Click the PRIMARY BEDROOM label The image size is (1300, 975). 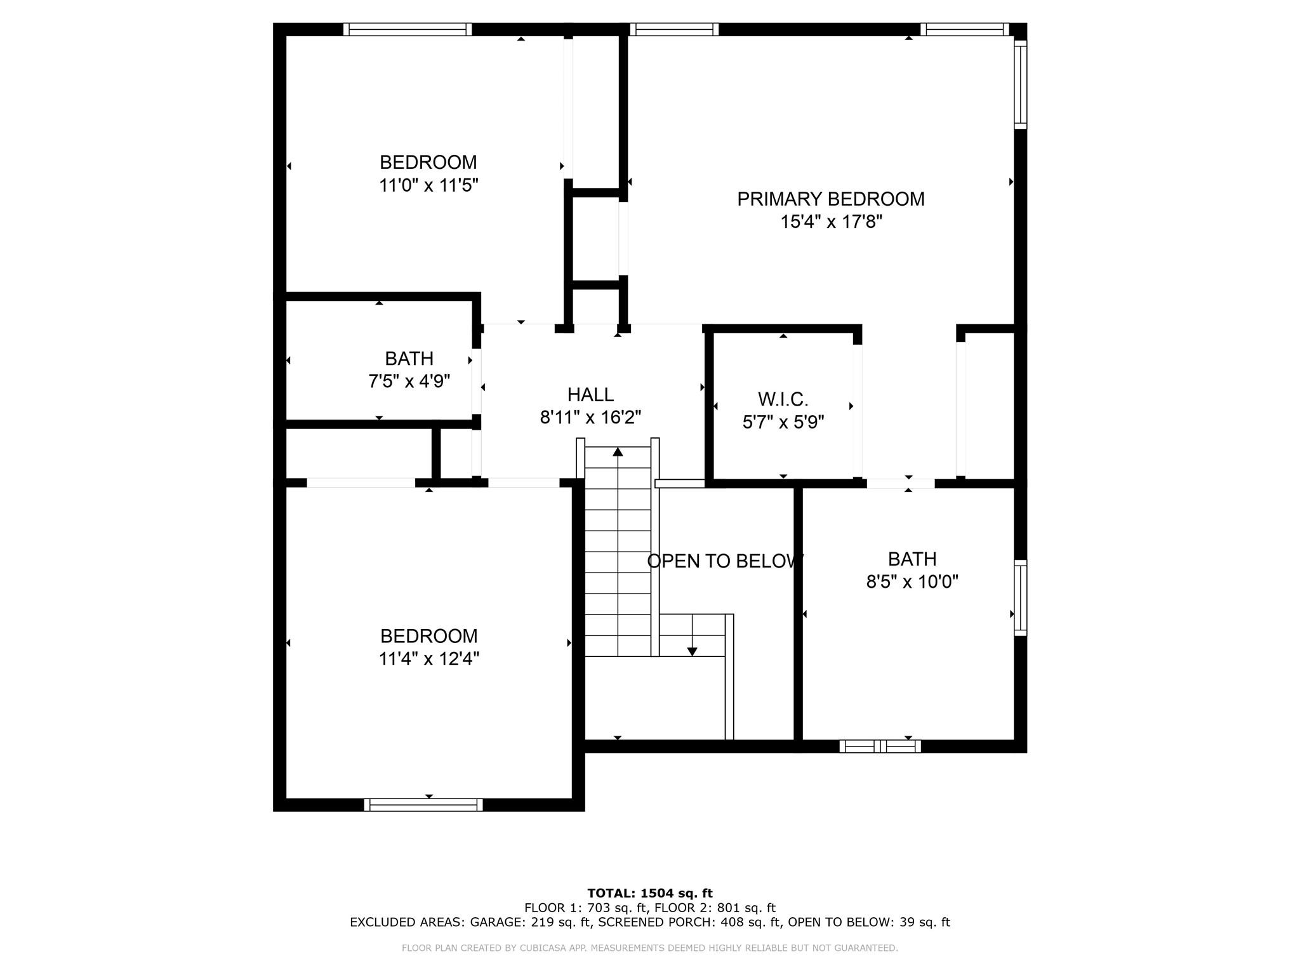point(830,199)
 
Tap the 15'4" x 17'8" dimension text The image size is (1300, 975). point(832,222)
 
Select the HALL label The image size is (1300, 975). point(590,395)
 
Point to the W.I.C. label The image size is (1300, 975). point(783,400)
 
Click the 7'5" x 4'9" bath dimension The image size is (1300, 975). point(409,381)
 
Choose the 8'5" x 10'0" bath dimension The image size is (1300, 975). point(912,582)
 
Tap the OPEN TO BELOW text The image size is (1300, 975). point(725,561)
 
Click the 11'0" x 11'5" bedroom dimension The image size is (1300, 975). point(428,186)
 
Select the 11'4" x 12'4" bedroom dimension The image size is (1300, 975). point(428,660)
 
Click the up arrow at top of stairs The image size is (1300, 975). point(618,452)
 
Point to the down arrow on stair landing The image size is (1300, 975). point(693,651)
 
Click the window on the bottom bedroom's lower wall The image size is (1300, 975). point(423,805)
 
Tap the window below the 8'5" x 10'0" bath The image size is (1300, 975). point(880,746)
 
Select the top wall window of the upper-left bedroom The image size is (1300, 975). point(408,29)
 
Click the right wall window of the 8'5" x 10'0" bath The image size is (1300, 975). point(1020,598)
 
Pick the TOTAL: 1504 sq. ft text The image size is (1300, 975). point(650,894)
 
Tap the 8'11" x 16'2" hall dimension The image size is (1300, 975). point(590,418)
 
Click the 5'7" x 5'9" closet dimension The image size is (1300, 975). point(783,423)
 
